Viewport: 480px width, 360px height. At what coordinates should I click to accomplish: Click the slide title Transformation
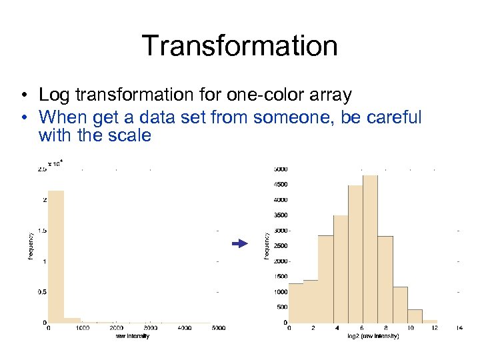(239, 45)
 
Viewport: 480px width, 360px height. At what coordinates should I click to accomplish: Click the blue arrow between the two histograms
(239, 245)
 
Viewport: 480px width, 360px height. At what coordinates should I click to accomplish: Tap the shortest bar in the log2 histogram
(430, 321)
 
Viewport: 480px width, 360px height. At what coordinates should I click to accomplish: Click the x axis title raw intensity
(131, 336)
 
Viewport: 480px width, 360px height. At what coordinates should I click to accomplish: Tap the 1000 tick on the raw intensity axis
(82, 328)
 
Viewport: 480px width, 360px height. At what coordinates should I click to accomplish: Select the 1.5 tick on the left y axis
(41, 231)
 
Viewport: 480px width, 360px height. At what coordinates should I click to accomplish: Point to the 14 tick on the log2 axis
(459, 328)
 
